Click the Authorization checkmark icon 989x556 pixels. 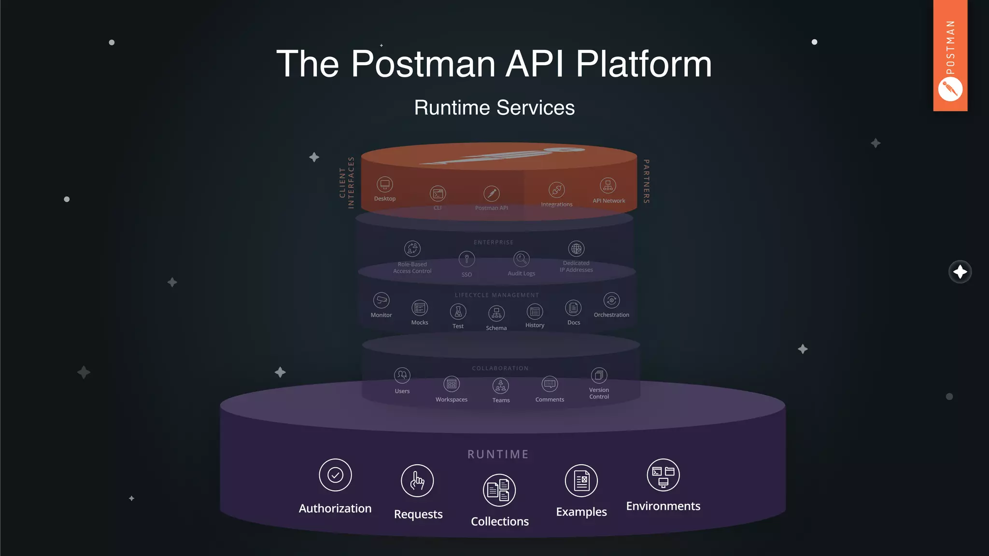click(335, 475)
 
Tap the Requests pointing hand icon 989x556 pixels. click(417, 481)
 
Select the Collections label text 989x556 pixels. click(500, 521)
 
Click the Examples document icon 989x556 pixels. click(581, 481)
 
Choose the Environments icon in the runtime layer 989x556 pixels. click(663, 475)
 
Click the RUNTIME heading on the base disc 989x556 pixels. click(498, 454)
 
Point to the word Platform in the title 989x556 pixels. click(644, 64)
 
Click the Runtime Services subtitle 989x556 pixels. click(494, 108)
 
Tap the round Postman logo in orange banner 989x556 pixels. click(950, 89)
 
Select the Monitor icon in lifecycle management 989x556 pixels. click(381, 300)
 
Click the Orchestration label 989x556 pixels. click(611, 315)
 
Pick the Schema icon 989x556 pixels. click(496, 313)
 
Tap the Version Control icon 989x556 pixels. click(599, 375)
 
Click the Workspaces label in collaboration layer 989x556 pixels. click(452, 400)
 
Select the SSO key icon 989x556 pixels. click(466, 259)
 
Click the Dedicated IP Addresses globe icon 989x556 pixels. click(576, 249)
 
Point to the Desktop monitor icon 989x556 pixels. click(385, 184)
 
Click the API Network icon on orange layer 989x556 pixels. click(608, 185)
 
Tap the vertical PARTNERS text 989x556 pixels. click(646, 181)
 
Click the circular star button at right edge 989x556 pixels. click(960, 272)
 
